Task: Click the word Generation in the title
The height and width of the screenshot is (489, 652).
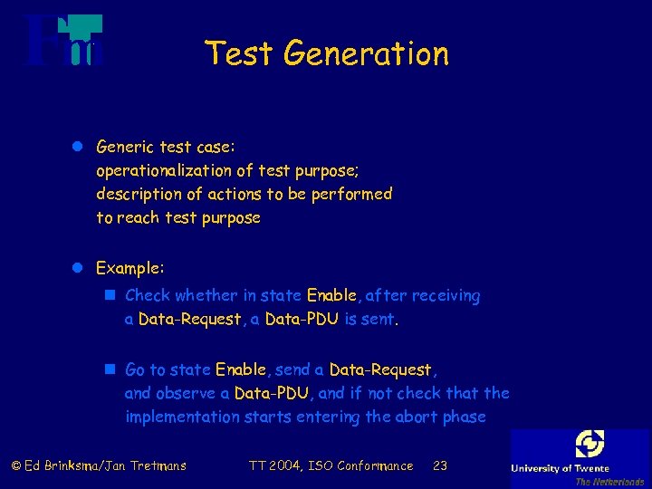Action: (x=365, y=53)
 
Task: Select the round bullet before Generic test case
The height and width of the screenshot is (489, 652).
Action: (x=78, y=146)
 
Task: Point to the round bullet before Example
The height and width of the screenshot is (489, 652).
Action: (x=78, y=268)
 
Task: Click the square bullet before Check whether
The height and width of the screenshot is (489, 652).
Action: (x=109, y=295)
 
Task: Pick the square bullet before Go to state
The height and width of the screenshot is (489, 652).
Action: (x=109, y=369)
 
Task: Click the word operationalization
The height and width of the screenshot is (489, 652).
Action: (x=172, y=169)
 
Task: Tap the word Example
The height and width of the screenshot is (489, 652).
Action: (x=129, y=268)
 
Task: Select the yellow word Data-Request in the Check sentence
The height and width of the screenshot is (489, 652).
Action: (x=190, y=320)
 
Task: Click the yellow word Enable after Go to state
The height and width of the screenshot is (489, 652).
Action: (x=241, y=369)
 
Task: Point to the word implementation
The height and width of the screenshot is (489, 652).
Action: (x=184, y=417)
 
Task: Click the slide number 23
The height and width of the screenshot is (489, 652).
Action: (x=440, y=466)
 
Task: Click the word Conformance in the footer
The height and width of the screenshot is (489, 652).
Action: (x=375, y=466)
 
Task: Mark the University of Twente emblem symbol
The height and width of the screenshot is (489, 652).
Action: (x=589, y=444)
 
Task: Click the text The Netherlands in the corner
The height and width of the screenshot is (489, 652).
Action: (x=609, y=482)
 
